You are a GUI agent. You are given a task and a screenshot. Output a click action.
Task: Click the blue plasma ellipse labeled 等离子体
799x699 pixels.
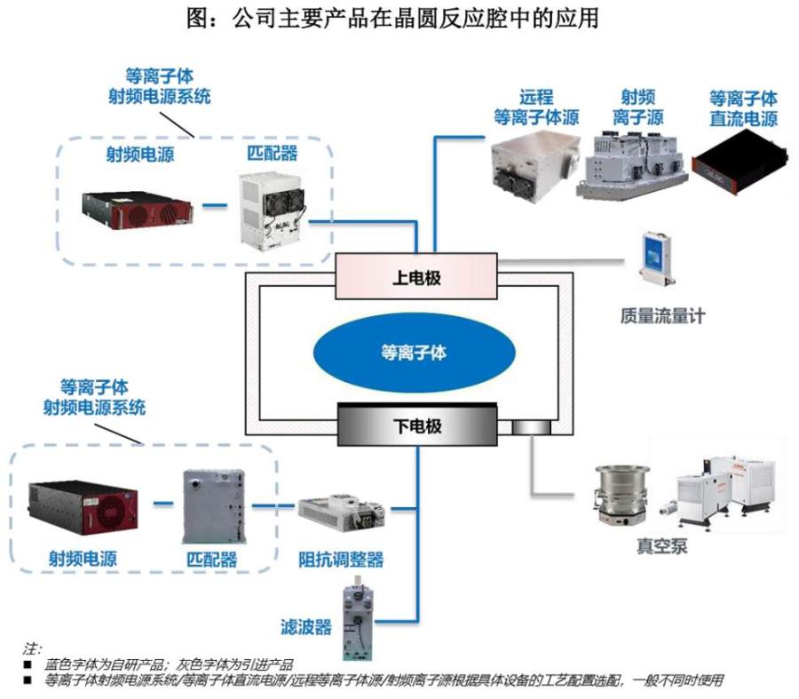coord(414,353)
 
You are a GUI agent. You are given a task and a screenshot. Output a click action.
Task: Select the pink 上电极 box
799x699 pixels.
coord(415,276)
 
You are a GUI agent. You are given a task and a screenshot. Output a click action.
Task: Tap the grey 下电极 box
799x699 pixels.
coord(417,425)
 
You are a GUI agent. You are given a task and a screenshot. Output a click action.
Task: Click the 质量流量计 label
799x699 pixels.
coord(662,316)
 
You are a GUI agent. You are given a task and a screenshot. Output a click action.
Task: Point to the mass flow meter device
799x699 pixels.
coord(657,260)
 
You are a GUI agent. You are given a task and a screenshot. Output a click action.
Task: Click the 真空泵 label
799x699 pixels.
coord(662,546)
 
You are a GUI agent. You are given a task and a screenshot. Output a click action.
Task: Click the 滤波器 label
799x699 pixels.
coord(305,626)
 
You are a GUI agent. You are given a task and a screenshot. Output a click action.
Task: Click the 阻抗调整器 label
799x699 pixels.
coord(341,560)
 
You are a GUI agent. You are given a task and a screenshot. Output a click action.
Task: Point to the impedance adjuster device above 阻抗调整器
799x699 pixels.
coord(342,512)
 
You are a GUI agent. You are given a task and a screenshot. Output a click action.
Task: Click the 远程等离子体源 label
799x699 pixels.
coord(536,107)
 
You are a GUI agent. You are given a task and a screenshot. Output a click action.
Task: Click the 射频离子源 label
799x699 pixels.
coord(638,107)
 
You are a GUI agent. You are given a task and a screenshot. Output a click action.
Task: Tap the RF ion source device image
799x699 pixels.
coord(633,164)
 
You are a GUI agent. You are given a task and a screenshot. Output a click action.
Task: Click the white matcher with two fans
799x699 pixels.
coord(273,211)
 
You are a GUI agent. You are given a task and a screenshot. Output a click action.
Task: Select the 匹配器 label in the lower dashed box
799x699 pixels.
coord(211,560)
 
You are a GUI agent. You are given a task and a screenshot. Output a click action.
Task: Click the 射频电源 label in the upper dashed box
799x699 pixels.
coord(140,154)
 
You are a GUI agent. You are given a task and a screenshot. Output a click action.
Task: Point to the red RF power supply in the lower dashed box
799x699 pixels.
coord(83,507)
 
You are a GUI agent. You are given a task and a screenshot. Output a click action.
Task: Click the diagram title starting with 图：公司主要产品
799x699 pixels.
coord(392,19)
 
